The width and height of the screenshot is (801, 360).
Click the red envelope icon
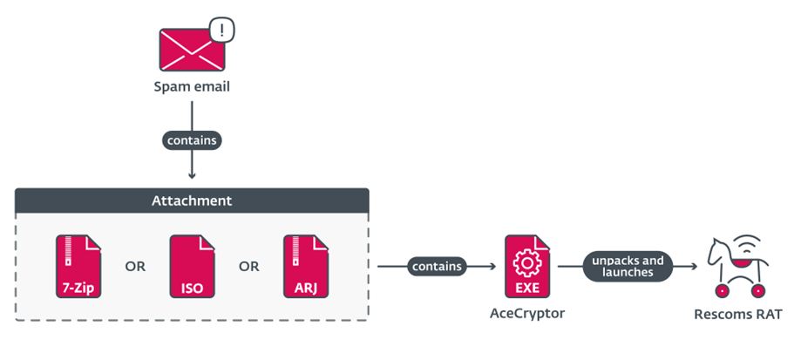[190, 49]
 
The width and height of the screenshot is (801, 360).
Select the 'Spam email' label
[192, 87]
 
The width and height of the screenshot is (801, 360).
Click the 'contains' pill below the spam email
[192, 139]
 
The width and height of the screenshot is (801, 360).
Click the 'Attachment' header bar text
[193, 200]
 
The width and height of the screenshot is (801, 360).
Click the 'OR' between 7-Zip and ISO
[135, 266]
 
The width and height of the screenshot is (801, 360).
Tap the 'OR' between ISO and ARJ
[249, 266]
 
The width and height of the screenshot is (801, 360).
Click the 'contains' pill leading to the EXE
[437, 266]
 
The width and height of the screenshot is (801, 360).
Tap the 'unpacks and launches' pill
[628, 266]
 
